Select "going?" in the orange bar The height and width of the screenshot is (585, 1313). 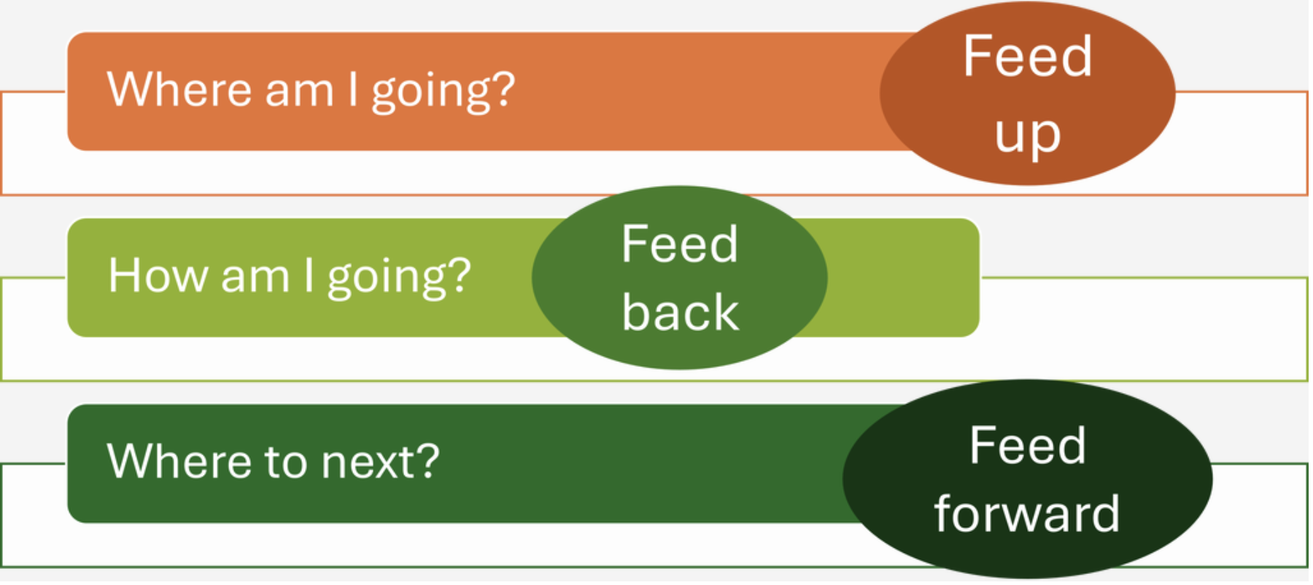[444, 93]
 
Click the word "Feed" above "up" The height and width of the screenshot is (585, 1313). [1028, 56]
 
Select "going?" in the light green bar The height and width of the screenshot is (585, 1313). [400, 279]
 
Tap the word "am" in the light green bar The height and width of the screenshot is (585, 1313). [255, 279]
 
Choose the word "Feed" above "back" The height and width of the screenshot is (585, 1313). [680, 244]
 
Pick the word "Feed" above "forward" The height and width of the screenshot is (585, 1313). [1028, 446]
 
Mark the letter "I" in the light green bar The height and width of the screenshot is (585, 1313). [309, 276]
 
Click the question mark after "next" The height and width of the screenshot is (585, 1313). [427, 461]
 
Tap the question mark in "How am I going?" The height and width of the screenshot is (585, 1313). [460, 276]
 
